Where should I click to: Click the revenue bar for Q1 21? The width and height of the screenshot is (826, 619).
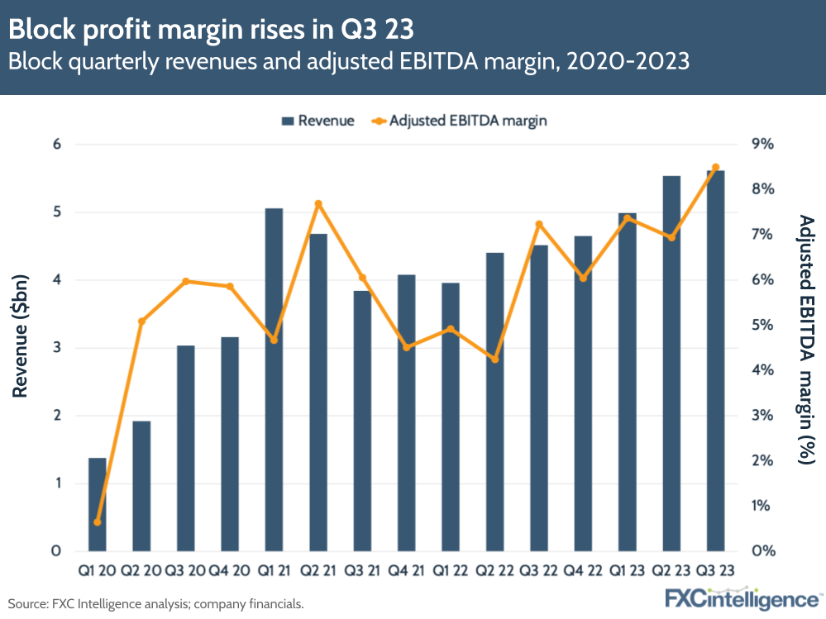click(x=274, y=380)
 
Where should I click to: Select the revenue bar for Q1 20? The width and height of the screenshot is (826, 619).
click(x=98, y=504)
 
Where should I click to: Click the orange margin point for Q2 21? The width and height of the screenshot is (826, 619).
click(x=318, y=204)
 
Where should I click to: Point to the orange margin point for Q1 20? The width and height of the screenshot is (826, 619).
click(x=98, y=522)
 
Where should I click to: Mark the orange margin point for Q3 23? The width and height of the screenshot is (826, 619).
click(x=715, y=168)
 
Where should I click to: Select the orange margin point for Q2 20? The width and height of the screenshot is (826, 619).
click(x=141, y=321)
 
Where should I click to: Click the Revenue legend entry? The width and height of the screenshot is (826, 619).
click(x=318, y=121)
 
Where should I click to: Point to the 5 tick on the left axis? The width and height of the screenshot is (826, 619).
click(x=58, y=212)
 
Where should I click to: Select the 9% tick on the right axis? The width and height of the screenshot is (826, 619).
click(x=762, y=145)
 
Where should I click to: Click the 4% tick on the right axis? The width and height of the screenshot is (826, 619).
click(x=762, y=370)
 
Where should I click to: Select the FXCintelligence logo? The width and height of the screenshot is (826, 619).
click(x=742, y=598)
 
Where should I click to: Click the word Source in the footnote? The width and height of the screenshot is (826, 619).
click(x=26, y=604)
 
